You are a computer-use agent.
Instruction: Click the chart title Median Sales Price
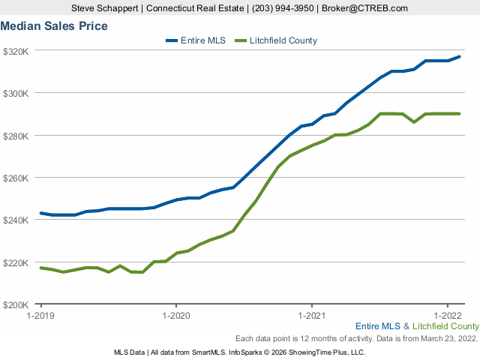(x=54, y=26)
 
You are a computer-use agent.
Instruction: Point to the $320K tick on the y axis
(x=16, y=51)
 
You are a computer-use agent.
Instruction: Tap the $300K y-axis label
(x=16, y=93)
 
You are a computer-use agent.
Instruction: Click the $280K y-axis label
(x=16, y=136)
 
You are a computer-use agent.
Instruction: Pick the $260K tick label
(x=16, y=178)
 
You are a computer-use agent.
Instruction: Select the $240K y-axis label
(x=16, y=220)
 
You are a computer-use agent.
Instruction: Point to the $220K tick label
(x=16, y=262)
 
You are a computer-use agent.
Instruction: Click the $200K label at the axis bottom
(x=16, y=305)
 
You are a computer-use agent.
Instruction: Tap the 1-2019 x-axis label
(x=40, y=316)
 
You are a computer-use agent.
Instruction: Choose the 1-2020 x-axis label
(x=175, y=316)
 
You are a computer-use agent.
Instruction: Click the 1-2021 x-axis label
(x=311, y=316)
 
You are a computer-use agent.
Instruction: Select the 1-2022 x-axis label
(x=447, y=316)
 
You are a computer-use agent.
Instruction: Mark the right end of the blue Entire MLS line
(x=460, y=56)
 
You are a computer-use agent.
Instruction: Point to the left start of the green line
(x=40, y=268)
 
